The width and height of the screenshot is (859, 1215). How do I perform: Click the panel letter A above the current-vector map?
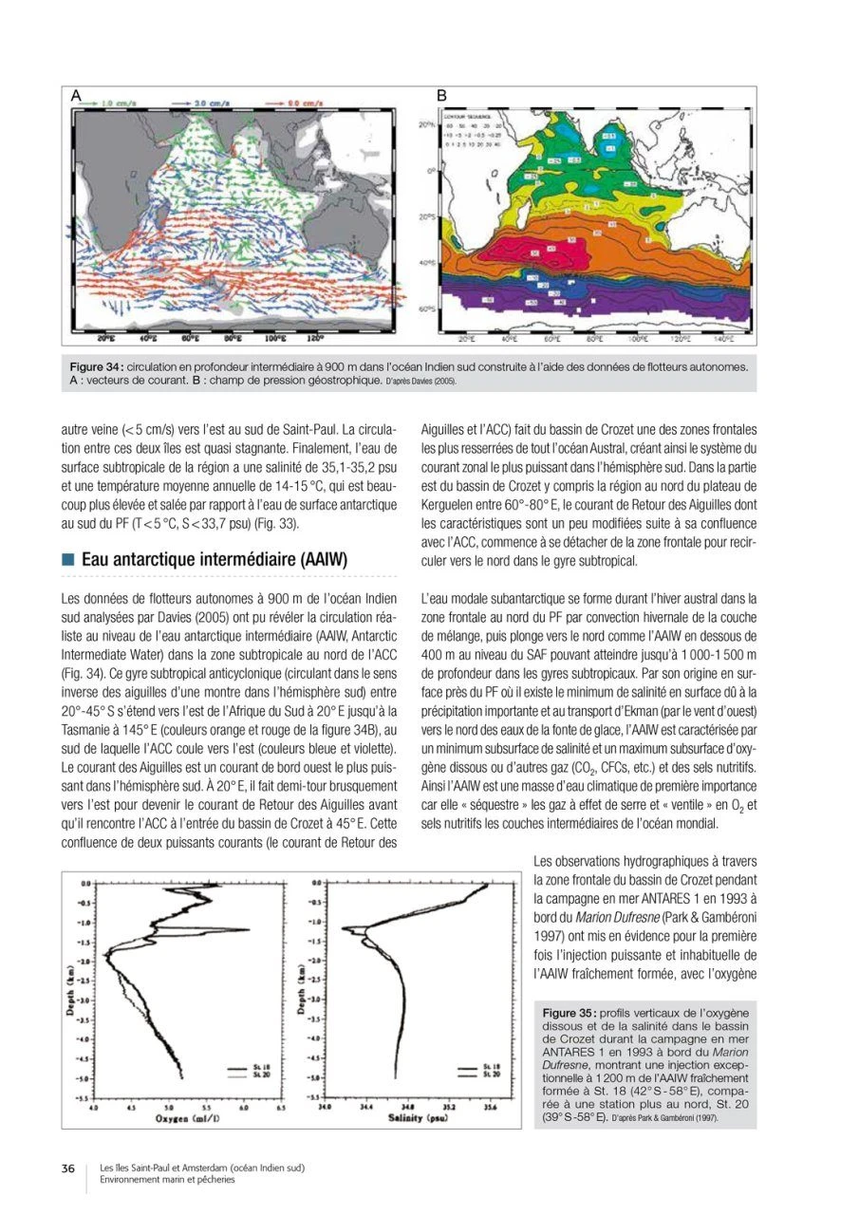(x=75, y=95)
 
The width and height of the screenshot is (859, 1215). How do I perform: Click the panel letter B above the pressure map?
(x=441, y=95)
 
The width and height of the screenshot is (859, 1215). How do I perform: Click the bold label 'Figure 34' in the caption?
(x=97, y=366)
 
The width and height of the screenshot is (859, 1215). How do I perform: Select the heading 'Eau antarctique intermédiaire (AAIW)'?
(x=215, y=560)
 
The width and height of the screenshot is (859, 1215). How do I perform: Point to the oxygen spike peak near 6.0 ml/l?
(x=249, y=929)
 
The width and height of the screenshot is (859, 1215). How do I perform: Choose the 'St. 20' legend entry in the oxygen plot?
(x=252, y=1075)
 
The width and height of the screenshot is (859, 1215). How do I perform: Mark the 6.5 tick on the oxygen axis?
(x=280, y=1107)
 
